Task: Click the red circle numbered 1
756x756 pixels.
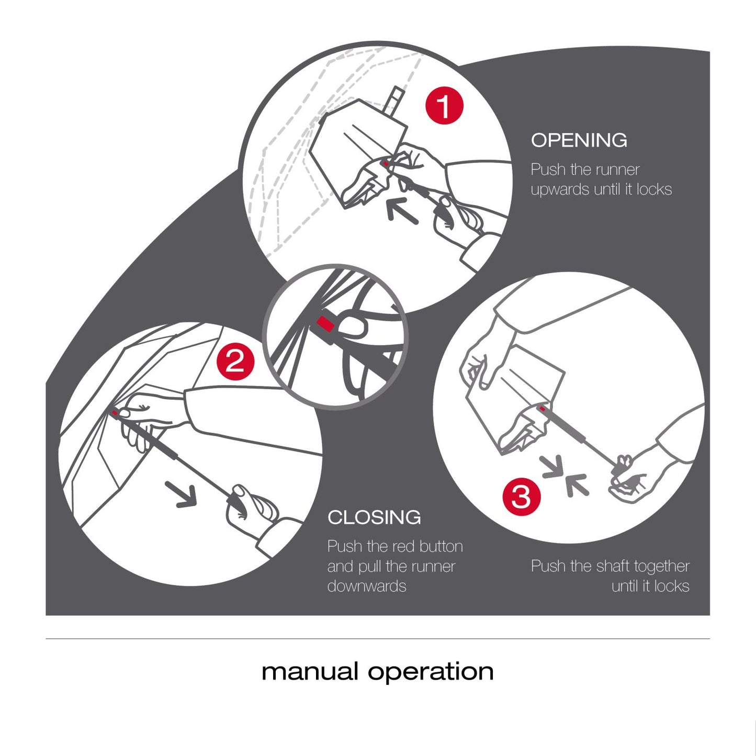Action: (x=444, y=106)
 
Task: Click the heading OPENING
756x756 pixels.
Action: (x=579, y=140)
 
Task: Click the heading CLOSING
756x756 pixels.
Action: (x=374, y=517)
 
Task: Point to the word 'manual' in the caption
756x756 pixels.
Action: (x=310, y=671)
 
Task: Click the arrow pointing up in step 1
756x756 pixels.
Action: (x=402, y=211)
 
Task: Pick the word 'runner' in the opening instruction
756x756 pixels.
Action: (x=616, y=170)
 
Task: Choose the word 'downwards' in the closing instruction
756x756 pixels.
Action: (x=366, y=586)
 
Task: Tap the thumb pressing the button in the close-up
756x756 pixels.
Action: (x=351, y=328)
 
